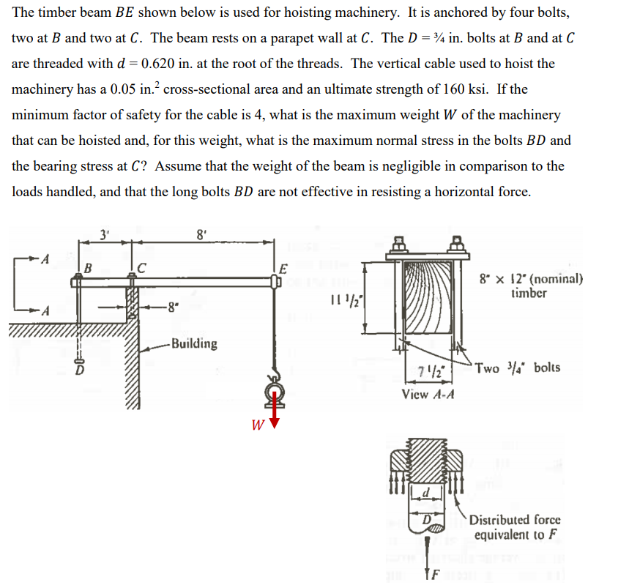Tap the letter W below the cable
point(258,424)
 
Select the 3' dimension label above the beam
point(104,235)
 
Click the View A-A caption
point(429,395)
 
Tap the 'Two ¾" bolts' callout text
point(517,367)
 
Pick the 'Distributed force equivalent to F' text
point(515,527)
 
